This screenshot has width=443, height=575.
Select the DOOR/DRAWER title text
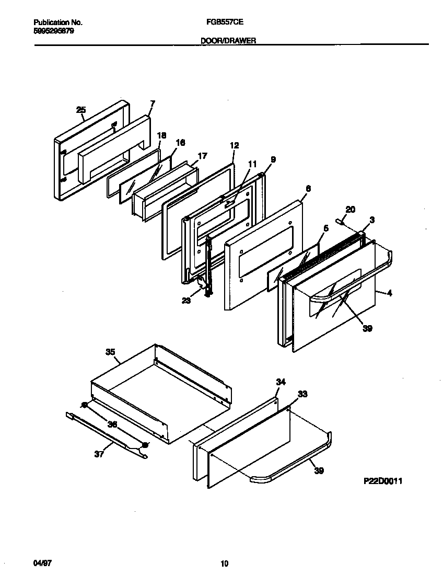228,40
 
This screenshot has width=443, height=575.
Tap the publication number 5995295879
53,31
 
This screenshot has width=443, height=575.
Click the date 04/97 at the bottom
42,563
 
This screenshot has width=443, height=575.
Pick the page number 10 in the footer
224,563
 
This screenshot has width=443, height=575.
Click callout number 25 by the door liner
81,110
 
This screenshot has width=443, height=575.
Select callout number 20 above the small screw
351,210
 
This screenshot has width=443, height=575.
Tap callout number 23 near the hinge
186,300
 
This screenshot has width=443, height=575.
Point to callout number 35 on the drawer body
110,352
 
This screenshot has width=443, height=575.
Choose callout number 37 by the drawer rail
99,454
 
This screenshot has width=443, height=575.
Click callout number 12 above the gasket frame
234,146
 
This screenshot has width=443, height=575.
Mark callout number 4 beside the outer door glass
390,293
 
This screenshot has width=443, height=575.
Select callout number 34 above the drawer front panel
281,383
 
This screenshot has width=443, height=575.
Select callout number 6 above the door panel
308,189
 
